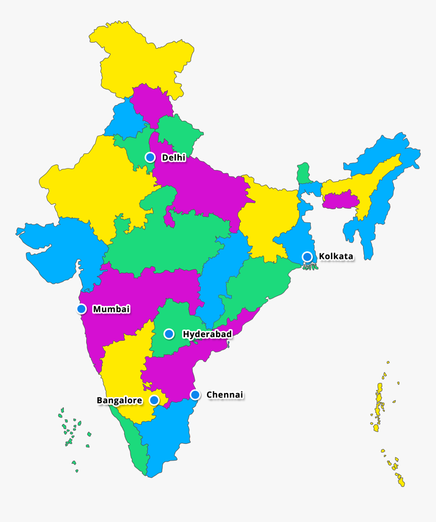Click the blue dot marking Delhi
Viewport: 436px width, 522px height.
point(150,157)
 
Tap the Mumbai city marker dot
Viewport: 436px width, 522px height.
point(81,309)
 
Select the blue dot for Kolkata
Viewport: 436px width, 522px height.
point(307,256)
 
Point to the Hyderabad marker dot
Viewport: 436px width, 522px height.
point(169,334)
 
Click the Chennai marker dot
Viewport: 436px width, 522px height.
point(195,395)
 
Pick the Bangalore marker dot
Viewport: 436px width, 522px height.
point(154,400)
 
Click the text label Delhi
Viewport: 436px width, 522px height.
point(173,158)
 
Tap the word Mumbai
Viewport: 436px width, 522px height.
point(111,309)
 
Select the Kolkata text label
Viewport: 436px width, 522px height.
point(336,256)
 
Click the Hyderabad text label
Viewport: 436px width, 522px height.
point(207,334)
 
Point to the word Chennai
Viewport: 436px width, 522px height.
point(225,395)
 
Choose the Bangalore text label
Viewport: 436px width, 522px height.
point(120,401)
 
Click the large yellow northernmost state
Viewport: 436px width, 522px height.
point(142,56)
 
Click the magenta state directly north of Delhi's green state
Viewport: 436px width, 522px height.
point(151,102)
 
